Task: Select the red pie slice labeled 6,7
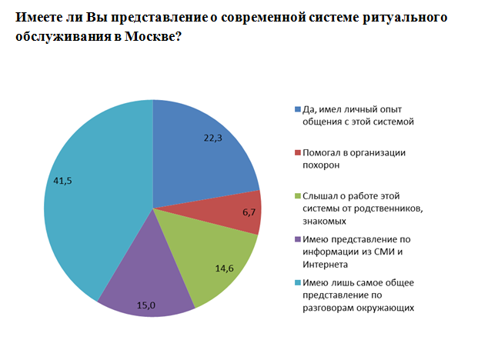(x=239, y=212)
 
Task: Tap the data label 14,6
(x=224, y=268)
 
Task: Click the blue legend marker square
(x=299, y=110)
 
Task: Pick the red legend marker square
(x=299, y=153)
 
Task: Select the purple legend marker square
(x=299, y=238)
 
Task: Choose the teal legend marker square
(x=299, y=282)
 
